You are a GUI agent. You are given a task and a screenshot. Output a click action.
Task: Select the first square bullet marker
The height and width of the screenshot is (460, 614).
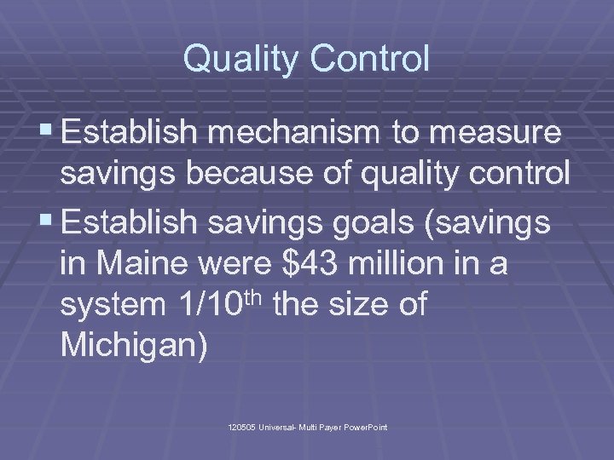[49, 133]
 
